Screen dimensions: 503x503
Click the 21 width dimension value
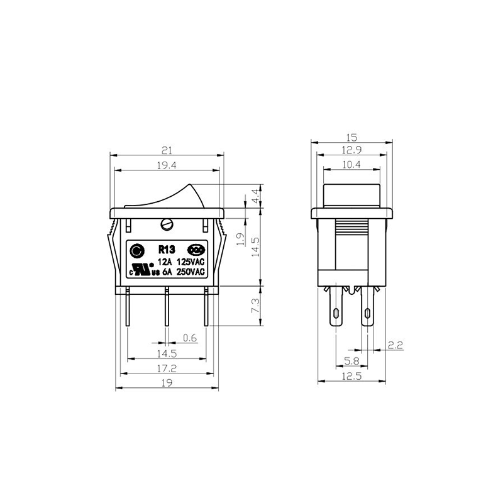pos(167,150)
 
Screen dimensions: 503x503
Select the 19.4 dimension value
pos(167,165)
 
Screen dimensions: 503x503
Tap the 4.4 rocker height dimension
pos(255,196)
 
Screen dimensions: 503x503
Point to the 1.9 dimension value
pos(241,240)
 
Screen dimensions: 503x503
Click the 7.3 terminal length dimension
pos(255,306)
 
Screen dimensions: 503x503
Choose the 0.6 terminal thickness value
pos(190,338)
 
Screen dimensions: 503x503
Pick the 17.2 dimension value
pos(167,368)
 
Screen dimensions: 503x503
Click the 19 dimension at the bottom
pos(167,383)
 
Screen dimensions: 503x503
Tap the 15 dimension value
pos(351,138)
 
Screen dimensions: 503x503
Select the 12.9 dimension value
pos(351,150)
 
